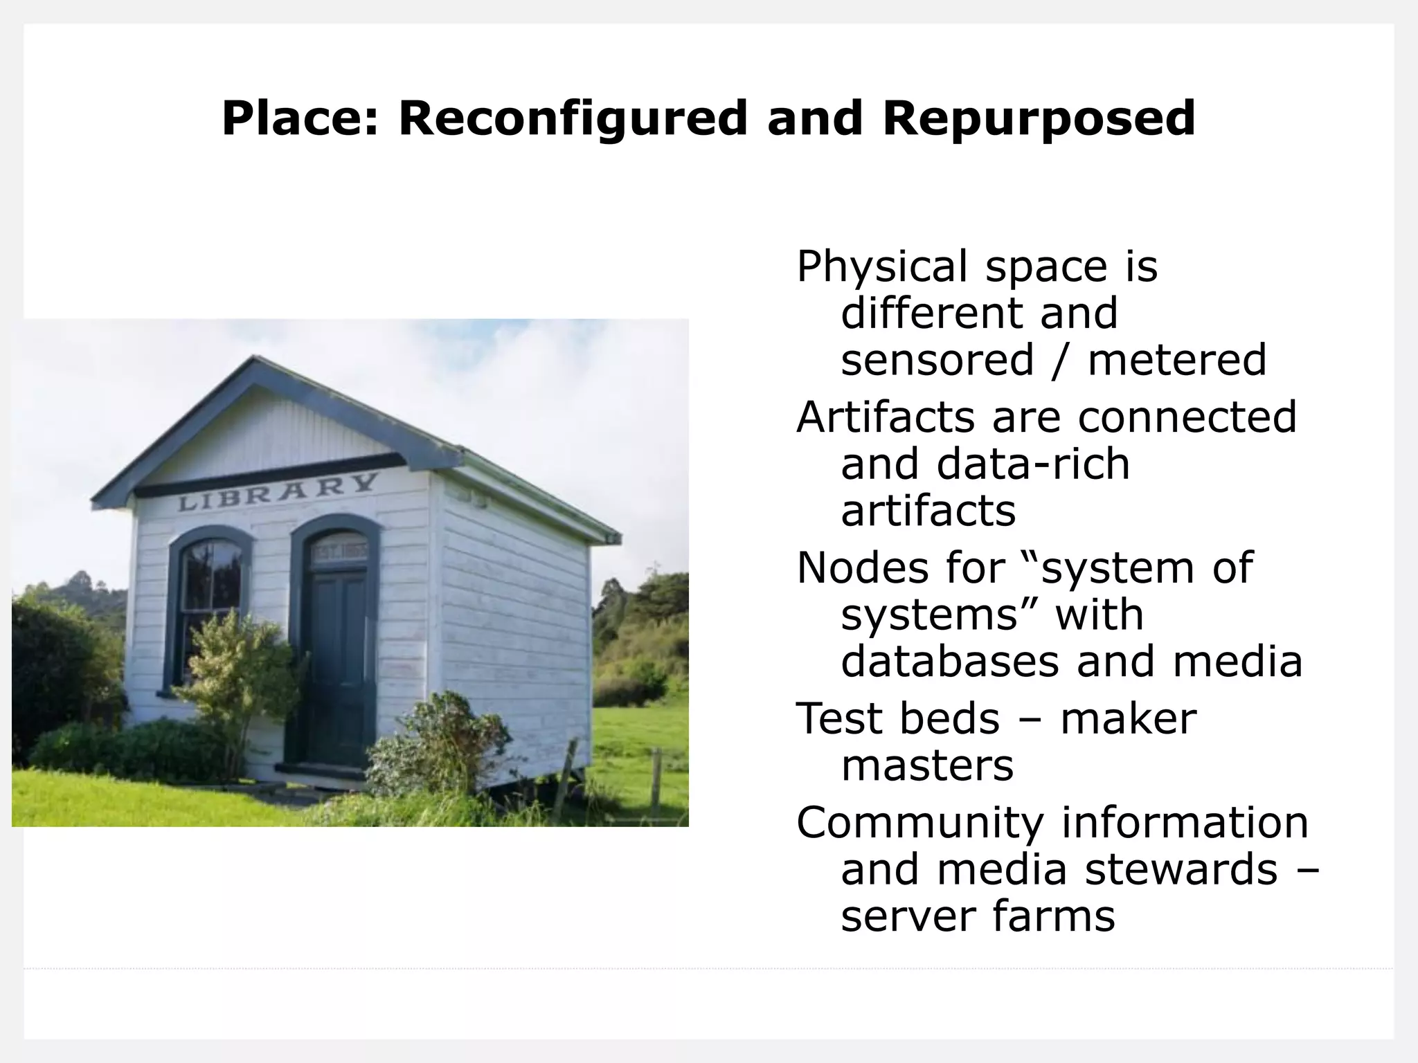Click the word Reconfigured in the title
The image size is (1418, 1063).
tap(573, 119)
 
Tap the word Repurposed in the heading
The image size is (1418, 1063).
tap(1039, 119)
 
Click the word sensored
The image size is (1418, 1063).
tap(936, 360)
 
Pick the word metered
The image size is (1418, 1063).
tap(1176, 360)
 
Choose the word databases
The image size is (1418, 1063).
tap(949, 662)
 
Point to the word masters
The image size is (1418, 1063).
tap(927, 765)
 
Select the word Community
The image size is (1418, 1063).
tap(919, 824)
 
